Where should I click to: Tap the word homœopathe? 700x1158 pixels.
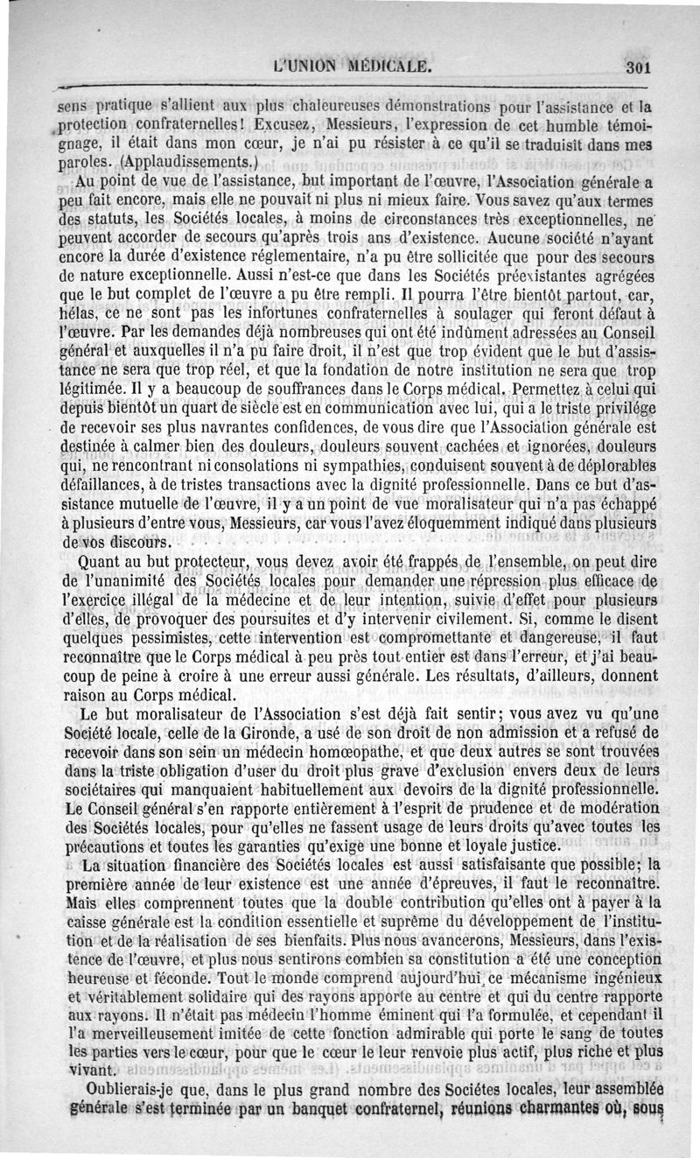[335, 754]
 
